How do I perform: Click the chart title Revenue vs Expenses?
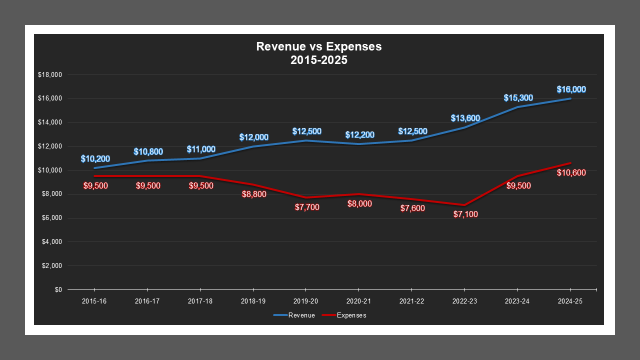pos(319,46)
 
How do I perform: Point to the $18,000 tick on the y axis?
pos(49,75)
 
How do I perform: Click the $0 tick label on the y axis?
pos(57,290)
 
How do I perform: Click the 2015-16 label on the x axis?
pos(94,301)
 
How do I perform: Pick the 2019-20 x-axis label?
pos(306,301)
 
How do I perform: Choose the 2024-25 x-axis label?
pos(570,301)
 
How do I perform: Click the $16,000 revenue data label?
pos(571,89)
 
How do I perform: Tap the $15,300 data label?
pos(518,98)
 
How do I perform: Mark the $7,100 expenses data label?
pos(465,214)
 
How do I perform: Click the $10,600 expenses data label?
pos(571,172)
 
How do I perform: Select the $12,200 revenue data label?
pos(359,135)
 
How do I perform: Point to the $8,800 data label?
pos(253,194)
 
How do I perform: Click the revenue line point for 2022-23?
pos(465,127)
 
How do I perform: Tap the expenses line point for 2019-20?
pos(306,197)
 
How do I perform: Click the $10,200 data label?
pos(95,159)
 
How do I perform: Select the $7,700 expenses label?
pos(306,207)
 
